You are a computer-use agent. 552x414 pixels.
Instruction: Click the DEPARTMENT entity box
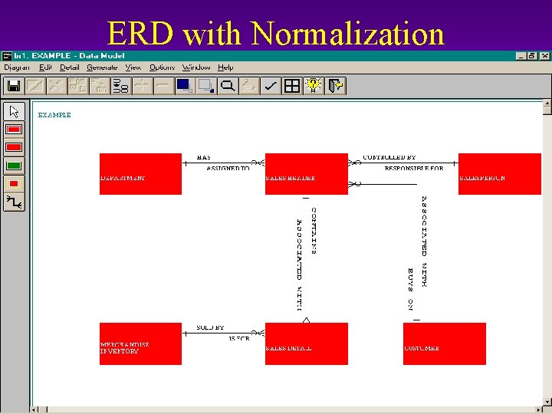140,173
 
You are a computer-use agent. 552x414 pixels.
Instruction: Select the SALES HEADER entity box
306,173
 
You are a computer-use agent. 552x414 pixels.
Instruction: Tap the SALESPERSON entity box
499,173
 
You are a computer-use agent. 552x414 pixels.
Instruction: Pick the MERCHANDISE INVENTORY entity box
140,343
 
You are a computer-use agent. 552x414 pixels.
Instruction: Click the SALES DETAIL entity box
306,343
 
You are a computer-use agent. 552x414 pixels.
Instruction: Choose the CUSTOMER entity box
444,343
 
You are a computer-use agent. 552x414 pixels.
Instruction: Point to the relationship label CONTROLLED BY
389,157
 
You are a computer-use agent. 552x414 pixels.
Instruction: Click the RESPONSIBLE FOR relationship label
413,168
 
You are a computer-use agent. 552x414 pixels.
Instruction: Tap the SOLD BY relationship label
210,327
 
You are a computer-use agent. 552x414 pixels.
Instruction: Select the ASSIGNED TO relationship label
228,168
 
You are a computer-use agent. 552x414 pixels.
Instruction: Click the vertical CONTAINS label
314,230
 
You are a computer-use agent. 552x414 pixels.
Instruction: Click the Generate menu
102,67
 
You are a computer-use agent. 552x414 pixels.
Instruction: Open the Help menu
225,67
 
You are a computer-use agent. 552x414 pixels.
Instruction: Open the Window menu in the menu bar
195,67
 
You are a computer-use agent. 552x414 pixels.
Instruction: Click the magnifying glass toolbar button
228,86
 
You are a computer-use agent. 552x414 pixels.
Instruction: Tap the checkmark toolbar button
270,86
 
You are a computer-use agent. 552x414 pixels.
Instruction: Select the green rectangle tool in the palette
14,165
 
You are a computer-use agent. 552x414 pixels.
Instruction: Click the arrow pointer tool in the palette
14,111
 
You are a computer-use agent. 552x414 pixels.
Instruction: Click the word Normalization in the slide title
347,33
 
